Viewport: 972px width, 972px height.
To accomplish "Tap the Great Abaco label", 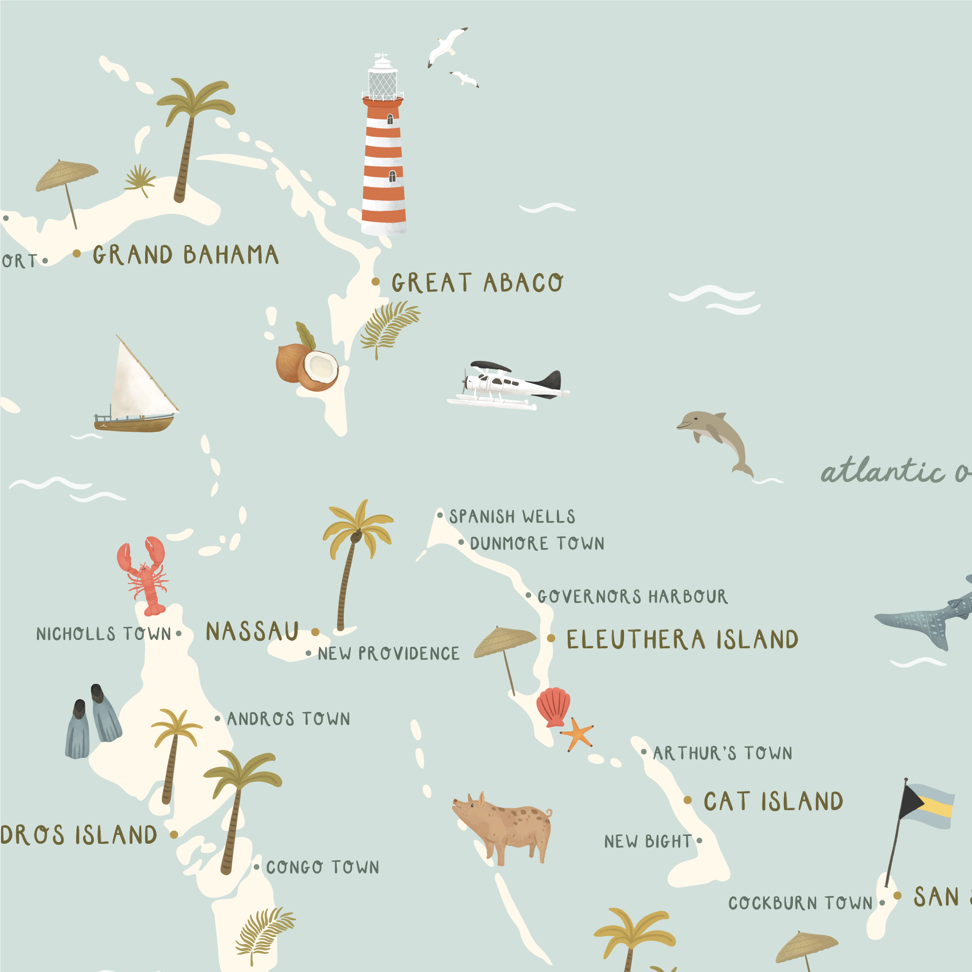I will click(477, 283).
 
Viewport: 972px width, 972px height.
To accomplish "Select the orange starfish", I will click(577, 735).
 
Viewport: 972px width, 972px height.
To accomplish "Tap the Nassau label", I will click(252, 632).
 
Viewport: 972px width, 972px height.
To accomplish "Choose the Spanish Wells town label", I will click(512, 517).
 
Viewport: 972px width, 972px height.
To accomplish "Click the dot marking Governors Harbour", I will click(528, 595).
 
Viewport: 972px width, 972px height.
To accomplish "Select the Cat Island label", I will click(773, 801).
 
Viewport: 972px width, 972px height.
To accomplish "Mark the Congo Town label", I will click(322, 867).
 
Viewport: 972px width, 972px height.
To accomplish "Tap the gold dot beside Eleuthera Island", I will click(551, 639).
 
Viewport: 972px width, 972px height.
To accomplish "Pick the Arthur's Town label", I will click(722, 753).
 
